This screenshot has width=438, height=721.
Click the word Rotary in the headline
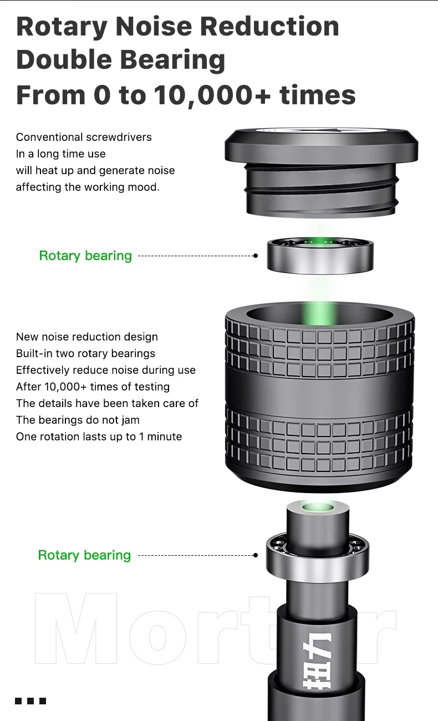click(62, 27)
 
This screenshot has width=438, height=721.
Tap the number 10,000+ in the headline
click(212, 95)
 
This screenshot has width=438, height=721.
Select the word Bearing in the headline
click(172, 61)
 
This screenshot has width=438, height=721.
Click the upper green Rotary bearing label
click(85, 256)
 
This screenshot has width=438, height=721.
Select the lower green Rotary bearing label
click(85, 555)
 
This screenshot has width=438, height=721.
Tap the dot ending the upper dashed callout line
click(256, 256)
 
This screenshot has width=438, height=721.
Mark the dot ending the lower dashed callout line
click(256, 555)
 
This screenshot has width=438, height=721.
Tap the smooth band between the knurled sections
click(319, 391)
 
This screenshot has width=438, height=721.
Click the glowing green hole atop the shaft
click(318, 508)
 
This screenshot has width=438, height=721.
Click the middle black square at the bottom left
click(30, 700)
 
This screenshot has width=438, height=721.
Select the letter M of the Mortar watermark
click(75, 628)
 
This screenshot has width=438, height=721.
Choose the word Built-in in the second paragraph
click(34, 353)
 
